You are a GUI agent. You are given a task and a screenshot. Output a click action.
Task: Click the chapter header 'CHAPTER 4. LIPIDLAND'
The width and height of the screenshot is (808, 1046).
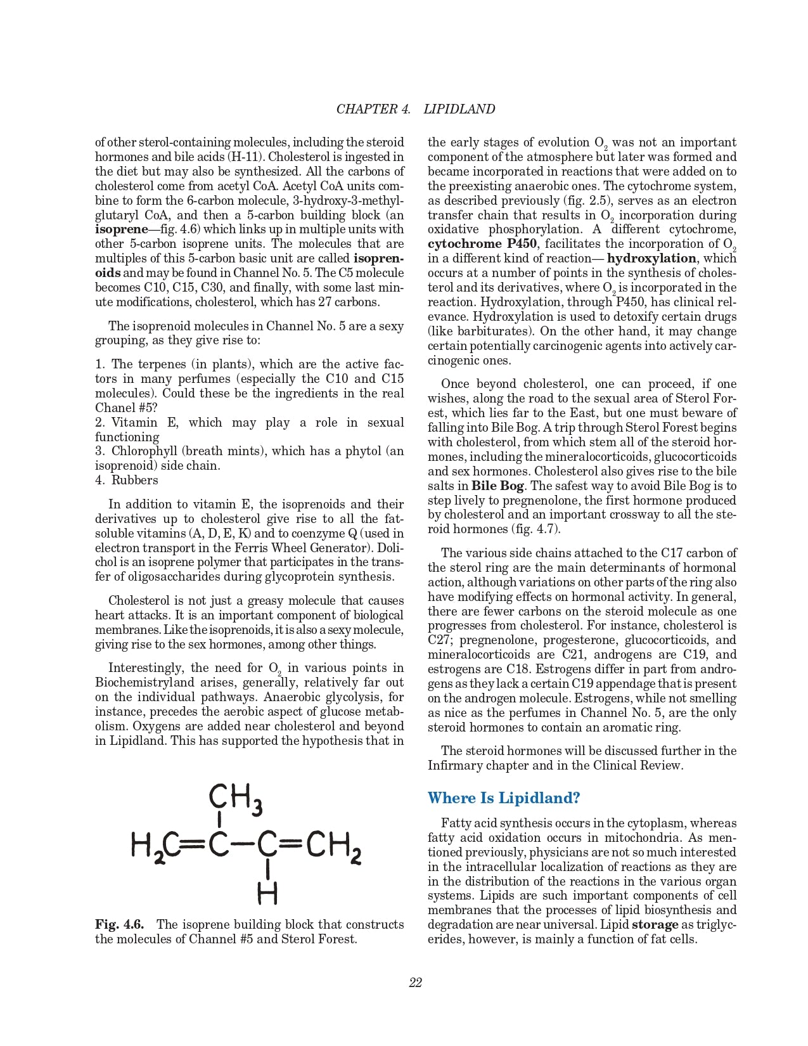pos(415,109)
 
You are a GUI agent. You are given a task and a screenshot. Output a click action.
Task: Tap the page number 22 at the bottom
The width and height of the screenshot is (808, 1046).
pos(415,983)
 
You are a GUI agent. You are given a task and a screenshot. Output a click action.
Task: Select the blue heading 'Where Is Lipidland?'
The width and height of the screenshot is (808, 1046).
pos(503,797)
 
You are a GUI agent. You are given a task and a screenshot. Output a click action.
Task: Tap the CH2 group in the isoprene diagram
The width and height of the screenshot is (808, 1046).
pos(333,845)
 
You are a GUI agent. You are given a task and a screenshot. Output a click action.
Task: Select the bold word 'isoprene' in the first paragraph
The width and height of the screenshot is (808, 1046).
pos(121,229)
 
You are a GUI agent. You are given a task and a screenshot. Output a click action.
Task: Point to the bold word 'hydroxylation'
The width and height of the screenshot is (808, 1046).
pos(651,259)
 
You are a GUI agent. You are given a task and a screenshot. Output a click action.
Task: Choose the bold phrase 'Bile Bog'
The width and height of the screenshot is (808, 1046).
pos(497,486)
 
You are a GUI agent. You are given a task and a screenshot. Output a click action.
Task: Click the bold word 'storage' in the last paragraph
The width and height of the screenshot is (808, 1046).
pos(655,925)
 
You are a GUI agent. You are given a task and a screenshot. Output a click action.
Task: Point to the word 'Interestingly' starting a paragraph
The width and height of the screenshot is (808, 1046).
pos(146,668)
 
